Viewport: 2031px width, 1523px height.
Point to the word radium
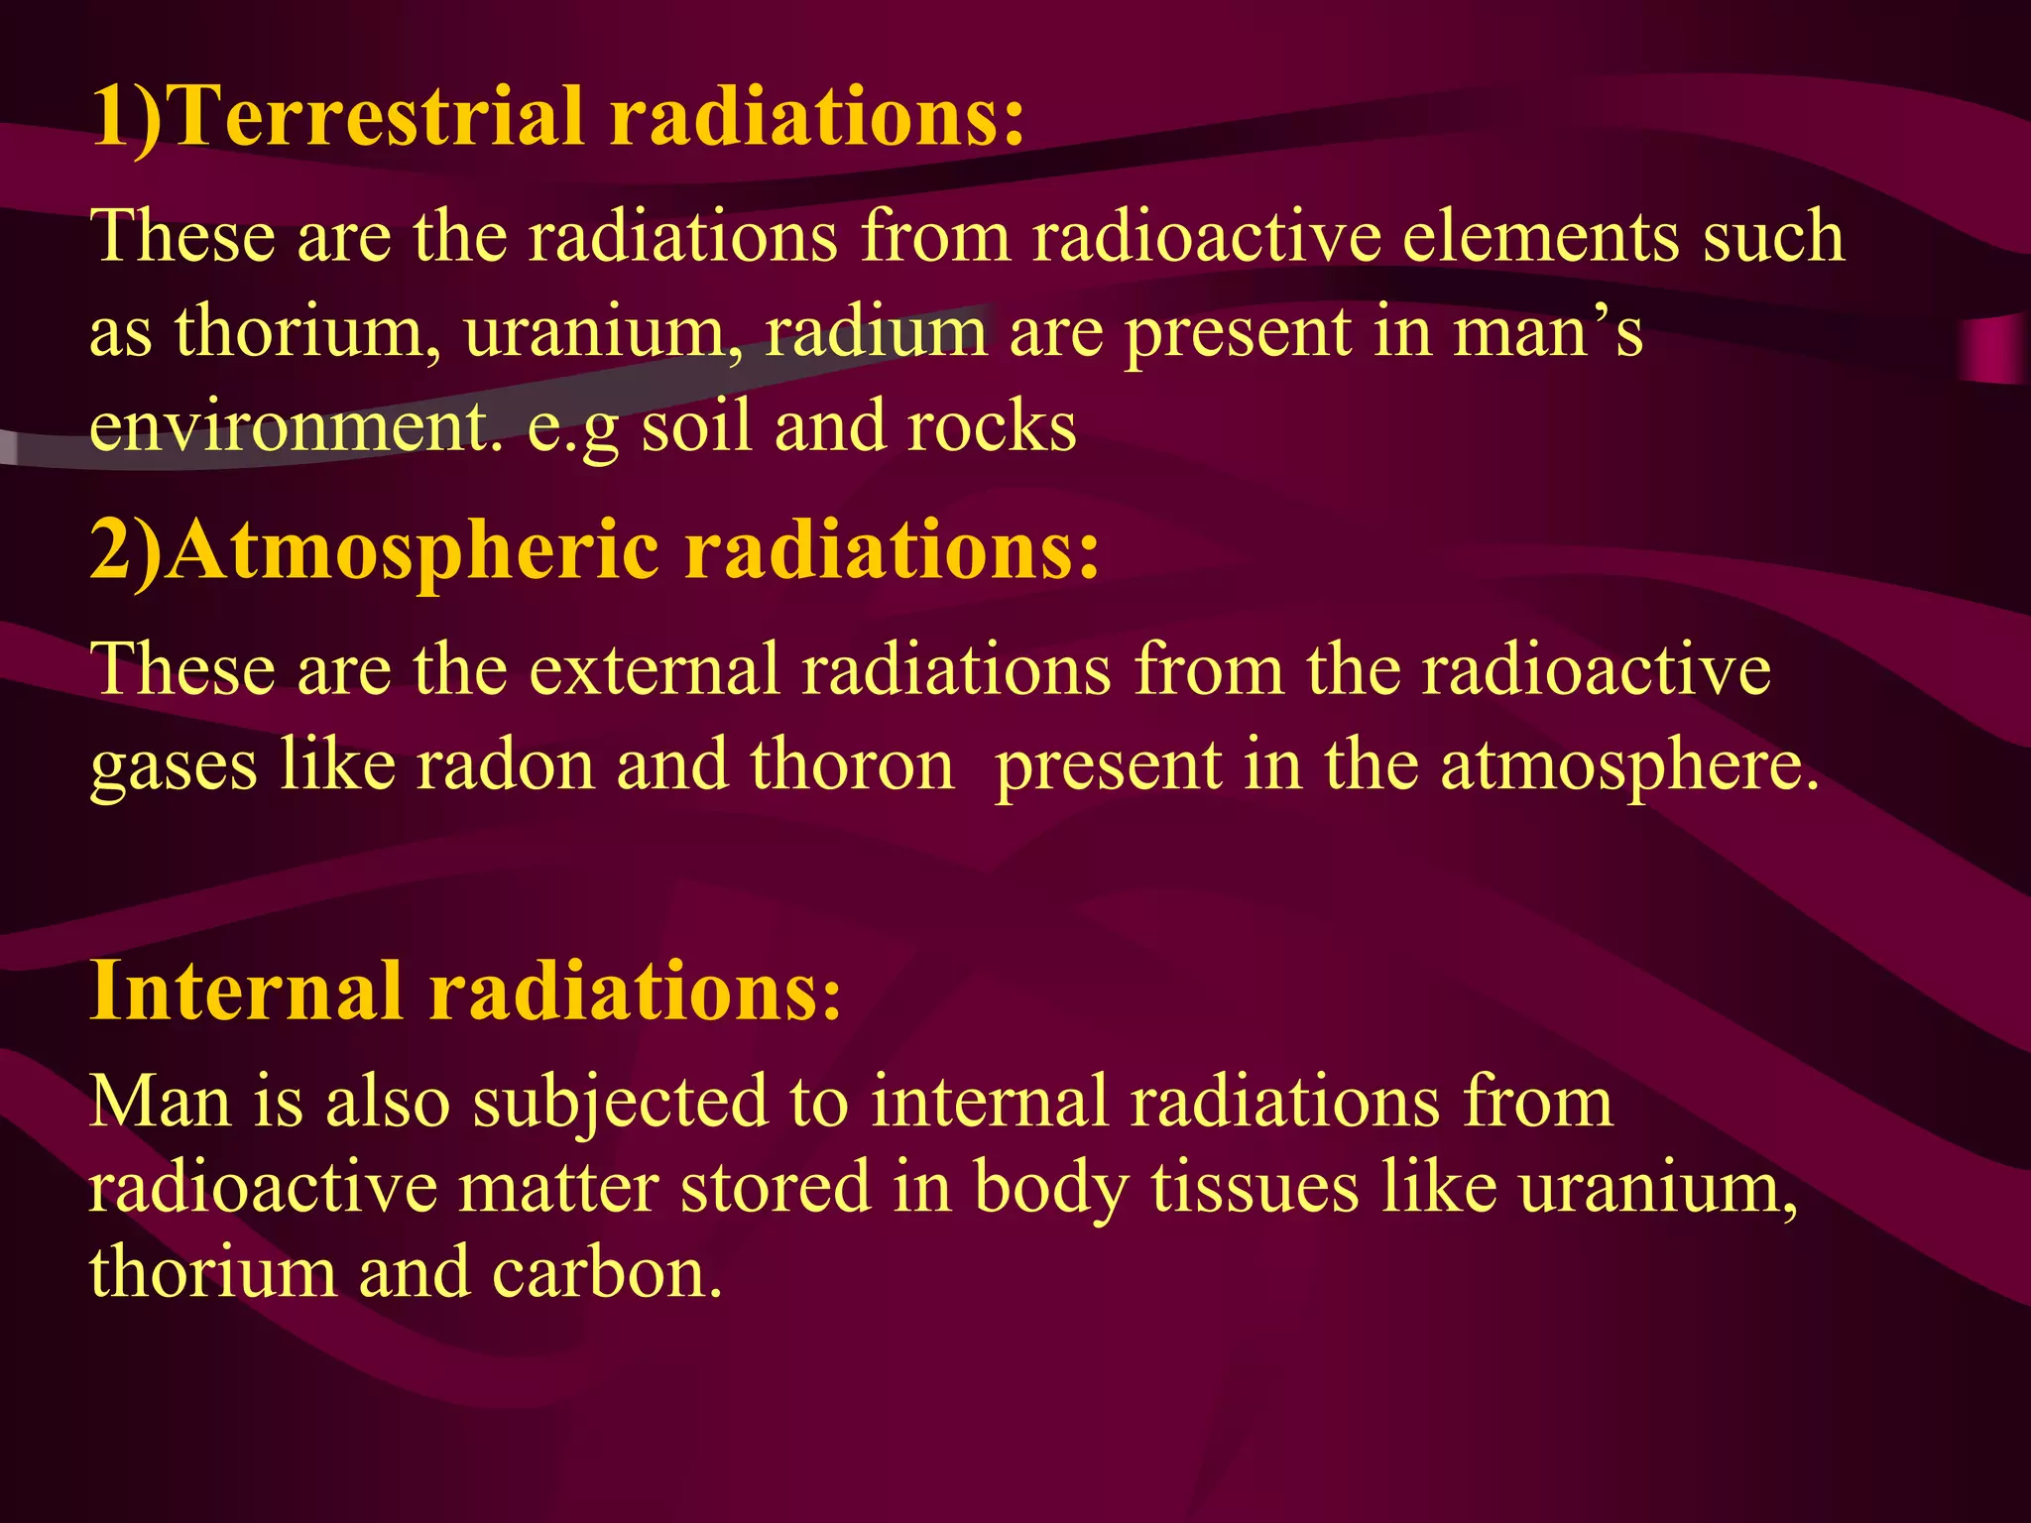(876, 331)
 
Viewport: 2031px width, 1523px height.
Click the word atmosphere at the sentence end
(1628, 765)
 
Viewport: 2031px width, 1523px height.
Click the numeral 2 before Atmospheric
(109, 551)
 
